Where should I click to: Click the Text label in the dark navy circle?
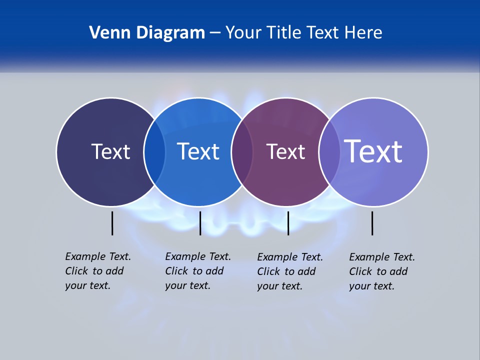pyautogui.click(x=110, y=151)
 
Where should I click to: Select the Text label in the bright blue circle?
pyautogui.click(x=198, y=151)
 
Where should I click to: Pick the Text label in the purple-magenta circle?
pyautogui.click(x=285, y=152)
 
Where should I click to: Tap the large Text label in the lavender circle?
pyautogui.click(x=373, y=151)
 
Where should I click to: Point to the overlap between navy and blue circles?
pyautogui.click(x=154, y=152)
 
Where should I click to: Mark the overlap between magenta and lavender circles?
pyautogui.click(x=329, y=152)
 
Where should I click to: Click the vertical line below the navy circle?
pyautogui.click(x=112, y=223)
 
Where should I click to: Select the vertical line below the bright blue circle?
pyautogui.click(x=200, y=223)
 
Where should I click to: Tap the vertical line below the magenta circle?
pyautogui.click(x=288, y=223)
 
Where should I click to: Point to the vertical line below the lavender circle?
pyautogui.click(x=372, y=223)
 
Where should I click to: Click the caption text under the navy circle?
pyautogui.click(x=98, y=271)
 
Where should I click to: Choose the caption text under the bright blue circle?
pyautogui.click(x=198, y=271)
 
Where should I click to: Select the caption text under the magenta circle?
pyautogui.click(x=290, y=271)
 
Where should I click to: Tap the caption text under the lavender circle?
pyautogui.click(x=382, y=271)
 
